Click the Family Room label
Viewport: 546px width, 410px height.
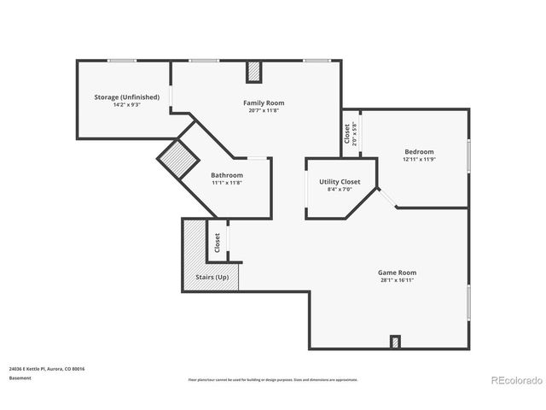click(x=263, y=102)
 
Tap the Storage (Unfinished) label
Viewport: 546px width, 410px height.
click(x=126, y=97)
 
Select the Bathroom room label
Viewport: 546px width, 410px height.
click(x=227, y=175)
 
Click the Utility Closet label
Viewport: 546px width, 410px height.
click(x=340, y=182)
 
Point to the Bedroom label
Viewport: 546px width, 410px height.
click(x=419, y=152)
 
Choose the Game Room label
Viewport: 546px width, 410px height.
click(x=398, y=272)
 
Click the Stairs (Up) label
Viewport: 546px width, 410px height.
click(x=212, y=278)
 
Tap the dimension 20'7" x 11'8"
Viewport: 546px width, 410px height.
click(x=263, y=110)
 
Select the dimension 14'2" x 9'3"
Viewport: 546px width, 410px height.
click(x=126, y=105)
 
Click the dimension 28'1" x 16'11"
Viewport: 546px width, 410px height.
click(x=398, y=280)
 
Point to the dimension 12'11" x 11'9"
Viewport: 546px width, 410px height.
click(x=419, y=160)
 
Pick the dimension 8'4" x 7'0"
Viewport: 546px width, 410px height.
click(x=340, y=190)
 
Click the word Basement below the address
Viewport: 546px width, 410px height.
click(x=20, y=378)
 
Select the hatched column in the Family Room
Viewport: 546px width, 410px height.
click(x=253, y=73)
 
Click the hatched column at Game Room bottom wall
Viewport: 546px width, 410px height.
click(x=395, y=343)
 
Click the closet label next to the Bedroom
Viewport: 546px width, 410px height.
click(x=346, y=135)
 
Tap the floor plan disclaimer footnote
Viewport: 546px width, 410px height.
click(x=273, y=379)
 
